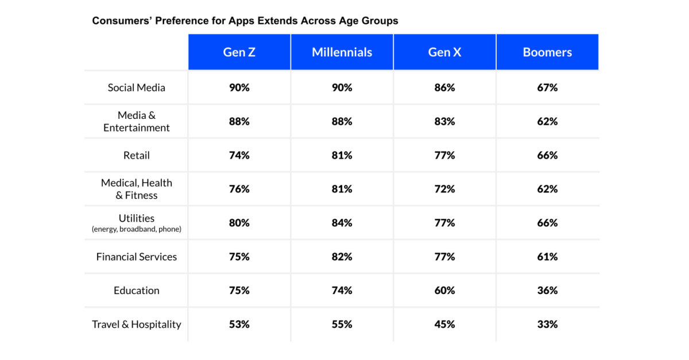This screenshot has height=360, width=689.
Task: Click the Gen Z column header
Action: click(x=239, y=52)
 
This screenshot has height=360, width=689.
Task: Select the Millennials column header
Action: click(x=342, y=52)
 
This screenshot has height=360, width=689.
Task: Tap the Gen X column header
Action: click(x=444, y=52)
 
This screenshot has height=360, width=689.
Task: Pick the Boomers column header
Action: click(x=547, y=52)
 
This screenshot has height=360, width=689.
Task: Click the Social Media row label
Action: click(x=137, y=88)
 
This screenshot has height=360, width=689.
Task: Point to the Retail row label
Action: click(x=137, y=156)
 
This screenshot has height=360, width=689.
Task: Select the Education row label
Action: click(x=137, y=291)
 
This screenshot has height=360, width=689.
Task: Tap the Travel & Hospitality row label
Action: click(x=137, y=324)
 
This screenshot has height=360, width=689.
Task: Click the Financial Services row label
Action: click(x=137, y=257)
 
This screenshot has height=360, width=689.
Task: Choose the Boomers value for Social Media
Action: click(x=547, y=88)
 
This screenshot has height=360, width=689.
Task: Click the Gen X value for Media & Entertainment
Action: click(x=444, y=122)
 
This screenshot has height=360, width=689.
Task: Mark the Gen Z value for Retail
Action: click(x=239, y=156)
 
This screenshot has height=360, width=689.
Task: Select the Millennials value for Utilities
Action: click(x=342, y=223)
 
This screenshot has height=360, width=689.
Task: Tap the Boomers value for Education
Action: click(x=547, y=291)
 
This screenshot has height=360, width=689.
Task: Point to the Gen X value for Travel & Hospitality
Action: click(x=444, y=324)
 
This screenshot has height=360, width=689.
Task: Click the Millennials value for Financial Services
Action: click(x=342, y=257)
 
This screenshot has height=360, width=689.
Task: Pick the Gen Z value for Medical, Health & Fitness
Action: click(x=239, y=189)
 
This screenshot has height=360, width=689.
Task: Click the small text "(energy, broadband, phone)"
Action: click(x=137, y=229)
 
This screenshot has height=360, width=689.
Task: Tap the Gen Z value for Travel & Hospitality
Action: click(x=239, y=324)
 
